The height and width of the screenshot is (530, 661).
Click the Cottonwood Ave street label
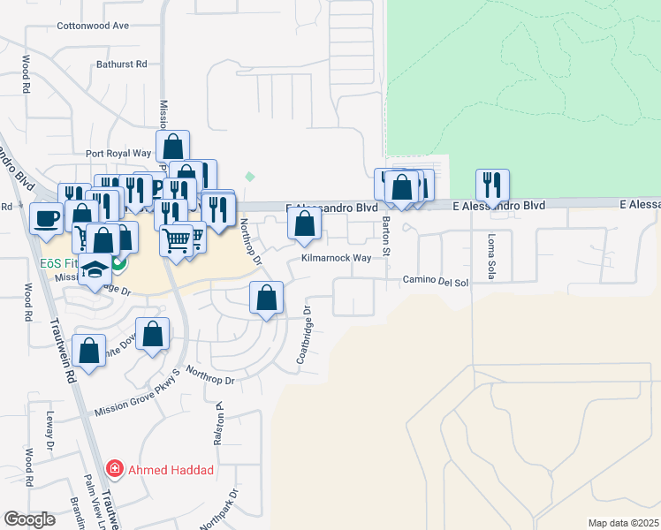(x=93, y=26)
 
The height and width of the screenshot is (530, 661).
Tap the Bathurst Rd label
(x=121, y=64)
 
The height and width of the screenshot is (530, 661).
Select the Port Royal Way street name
(x=118, y=153)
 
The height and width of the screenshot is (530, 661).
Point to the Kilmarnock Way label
(x=336, y=259)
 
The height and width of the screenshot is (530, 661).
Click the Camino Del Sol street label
(x=435, y=280)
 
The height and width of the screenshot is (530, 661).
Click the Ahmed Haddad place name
(x=171, y=470)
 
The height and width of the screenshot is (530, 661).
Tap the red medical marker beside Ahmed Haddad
(x=114, y=469)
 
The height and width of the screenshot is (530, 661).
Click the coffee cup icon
(x=45, y=218)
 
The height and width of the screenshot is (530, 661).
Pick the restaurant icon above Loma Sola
(x=491, y=185)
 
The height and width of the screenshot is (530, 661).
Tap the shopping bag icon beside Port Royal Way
(x=172, y=146)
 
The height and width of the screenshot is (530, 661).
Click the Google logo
(x=29, y=519)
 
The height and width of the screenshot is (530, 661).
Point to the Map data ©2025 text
(x=622, y=523)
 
